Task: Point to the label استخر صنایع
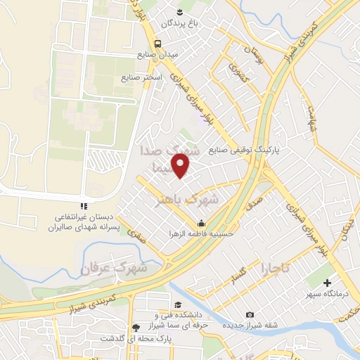click(142, 77)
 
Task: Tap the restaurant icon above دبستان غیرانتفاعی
click(83, 206)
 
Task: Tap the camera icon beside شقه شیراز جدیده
click(250, 315)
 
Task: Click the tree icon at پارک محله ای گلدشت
click(136, 327)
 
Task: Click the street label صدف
click(256, 201)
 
